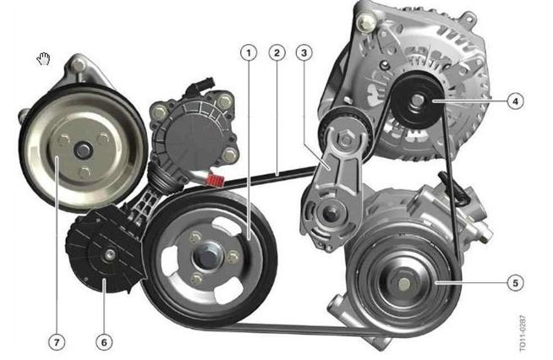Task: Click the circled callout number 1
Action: pyautogui.click(x=249, y=53)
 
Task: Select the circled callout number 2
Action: pyautogui.click(x=276, y=53)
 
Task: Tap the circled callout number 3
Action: pyautogui.click(x=304, y=53)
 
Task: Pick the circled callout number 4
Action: pyautogui.click(x=515, y=101)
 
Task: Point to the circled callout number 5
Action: pyautogui.click(x=515, y=283)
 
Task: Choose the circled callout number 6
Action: pyautogui.click(x=104, y=342)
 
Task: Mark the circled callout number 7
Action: pyautogui.click(x=57, y=342)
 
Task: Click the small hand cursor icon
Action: pyautogui.click(x=44, y=59)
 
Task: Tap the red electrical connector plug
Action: pyautogui.click(x=215, y=180)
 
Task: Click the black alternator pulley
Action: pyautogui.click(x=419, y=101)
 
